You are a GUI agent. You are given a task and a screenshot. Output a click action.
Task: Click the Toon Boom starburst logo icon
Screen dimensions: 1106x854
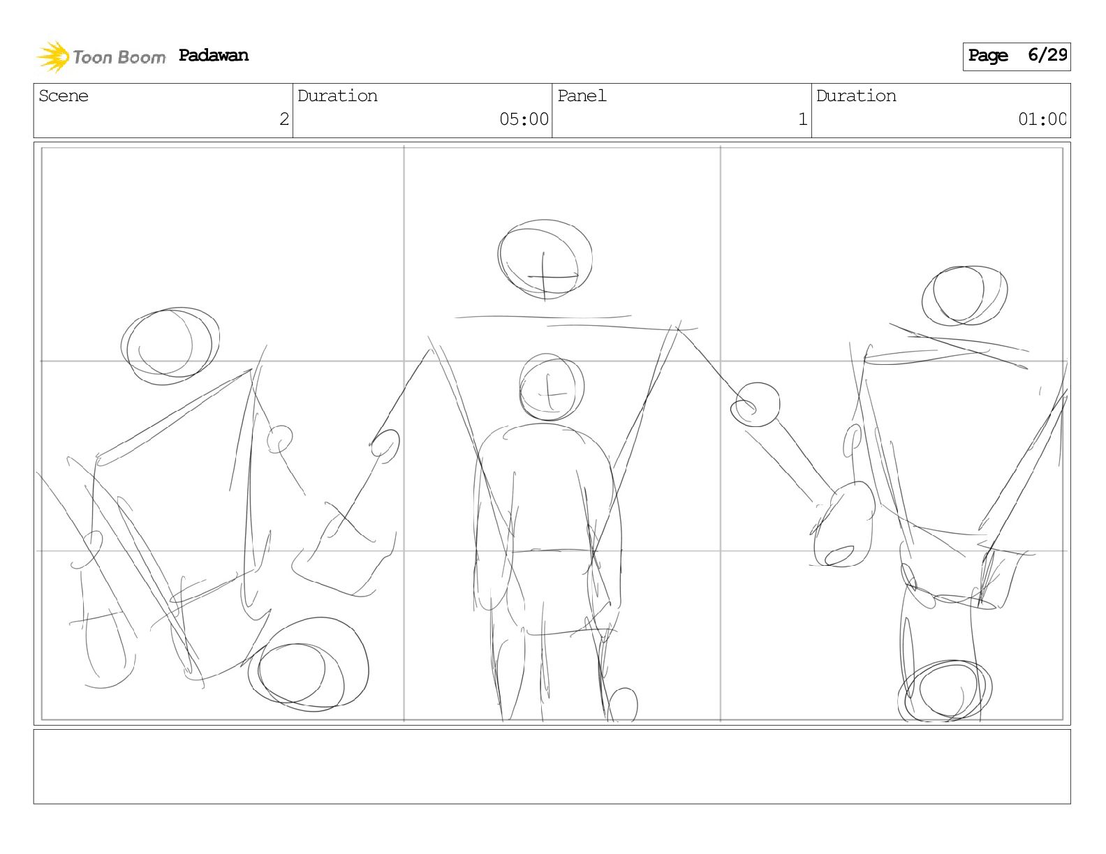pyautogui.click(x=52, y=57)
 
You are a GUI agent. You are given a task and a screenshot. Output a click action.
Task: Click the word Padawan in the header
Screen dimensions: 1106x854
pyautogui.click(x=213, y=55)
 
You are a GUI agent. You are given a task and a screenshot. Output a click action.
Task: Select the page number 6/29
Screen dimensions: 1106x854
pyautogui.click(x=1047, y=54)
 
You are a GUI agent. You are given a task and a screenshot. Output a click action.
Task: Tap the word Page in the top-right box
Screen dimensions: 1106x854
pyautogui.click(x=987, y=55)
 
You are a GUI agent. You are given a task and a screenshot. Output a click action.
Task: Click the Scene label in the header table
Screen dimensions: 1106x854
pyautogui.click(x=64, y=96)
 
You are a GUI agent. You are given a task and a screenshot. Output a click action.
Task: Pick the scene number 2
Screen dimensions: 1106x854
pyautogui.click(x=284, y=119)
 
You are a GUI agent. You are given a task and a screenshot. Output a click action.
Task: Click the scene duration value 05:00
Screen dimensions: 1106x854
pyautogui.click(x=524, y=119)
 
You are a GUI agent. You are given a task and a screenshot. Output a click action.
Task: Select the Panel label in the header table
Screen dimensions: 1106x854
pyautogui.click(x=582, y=96)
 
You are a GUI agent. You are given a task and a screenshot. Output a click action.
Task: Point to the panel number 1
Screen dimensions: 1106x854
pyautogui.click(x=803, y=119)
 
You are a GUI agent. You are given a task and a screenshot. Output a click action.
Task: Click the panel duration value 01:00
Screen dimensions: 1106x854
pyautogui.click(x=1042, y=119)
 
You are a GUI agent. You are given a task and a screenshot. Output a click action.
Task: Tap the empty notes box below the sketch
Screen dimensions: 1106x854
pyautogui.click(x=552, y=767)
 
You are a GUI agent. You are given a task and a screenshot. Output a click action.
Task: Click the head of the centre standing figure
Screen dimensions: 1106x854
pyautogui.click(x=552, y=388)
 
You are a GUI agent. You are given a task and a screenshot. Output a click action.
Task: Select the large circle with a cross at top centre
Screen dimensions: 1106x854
pyautogui.click(x=545, y=259)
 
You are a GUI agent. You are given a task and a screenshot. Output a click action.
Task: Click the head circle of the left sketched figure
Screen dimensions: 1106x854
pyautogui.click(x=170, y=346)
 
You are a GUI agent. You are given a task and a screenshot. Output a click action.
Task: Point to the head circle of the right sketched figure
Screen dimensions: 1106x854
pyautogui.click(x=964, y=296)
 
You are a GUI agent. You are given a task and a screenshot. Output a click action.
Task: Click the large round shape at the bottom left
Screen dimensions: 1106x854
pyautogui.click(x=309, y=664)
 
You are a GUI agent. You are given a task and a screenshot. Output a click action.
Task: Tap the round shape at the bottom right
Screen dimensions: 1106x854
pyautogui.click(x=945, y=691)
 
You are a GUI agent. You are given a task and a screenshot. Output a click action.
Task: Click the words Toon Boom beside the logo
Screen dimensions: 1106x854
pyautogui.click(x=119, y=57)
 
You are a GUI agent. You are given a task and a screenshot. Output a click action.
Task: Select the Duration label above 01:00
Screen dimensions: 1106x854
pyautogui.click(x=856, y=96)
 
